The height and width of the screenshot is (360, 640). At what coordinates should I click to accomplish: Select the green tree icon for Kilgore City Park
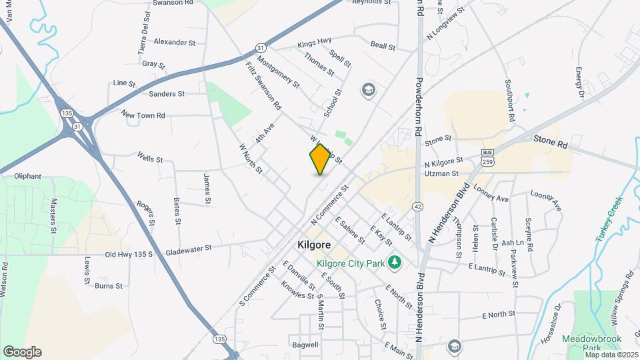pos(395,263)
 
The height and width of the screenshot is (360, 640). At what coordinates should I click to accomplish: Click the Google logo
pos(22,351)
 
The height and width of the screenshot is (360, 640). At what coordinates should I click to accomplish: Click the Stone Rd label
pos(550,143)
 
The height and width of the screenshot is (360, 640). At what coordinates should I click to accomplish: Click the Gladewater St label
pos(189,248)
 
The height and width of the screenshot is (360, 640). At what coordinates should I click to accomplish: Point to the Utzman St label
pos(441,173)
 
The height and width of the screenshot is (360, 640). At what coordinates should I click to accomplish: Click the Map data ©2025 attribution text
pos(611,354)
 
